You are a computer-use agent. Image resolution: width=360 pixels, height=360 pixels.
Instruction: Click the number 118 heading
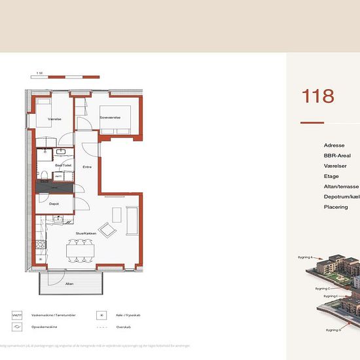[318, 96]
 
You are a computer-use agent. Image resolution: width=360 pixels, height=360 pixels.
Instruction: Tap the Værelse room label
[54, 119]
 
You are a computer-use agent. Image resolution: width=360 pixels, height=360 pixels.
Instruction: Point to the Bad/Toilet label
[63, 166]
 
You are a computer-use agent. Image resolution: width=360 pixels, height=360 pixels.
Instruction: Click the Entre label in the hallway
[86, 168]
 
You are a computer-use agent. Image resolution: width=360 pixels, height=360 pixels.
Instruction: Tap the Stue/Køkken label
[85, 233]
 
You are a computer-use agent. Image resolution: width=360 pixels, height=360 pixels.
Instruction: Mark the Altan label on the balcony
[69, 284]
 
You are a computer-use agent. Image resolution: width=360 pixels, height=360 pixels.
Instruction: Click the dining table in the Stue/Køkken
[81, 249]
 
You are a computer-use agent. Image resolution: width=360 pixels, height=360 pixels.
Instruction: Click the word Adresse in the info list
[334, 145]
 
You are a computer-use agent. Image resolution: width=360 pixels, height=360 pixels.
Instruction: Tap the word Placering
[336, 207]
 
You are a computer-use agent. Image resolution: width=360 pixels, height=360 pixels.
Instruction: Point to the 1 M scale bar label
[39, 73]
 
